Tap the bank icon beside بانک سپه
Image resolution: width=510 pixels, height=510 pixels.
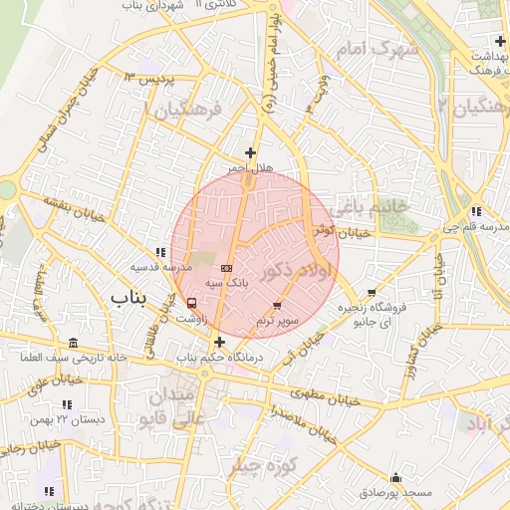pyautogui.click(x=226, y=268)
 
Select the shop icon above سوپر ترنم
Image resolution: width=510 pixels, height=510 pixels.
pyautogui.click(x=277, y=305)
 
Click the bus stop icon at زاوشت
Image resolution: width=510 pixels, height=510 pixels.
pyautogui.click(x=191, y=303)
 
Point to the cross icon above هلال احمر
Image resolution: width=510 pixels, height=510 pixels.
pyautogui.click(x=249, y=152)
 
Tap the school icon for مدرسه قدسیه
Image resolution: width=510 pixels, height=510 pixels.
pyautogui.click(x=160, y=252)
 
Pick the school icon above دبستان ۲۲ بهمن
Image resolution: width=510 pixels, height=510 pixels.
pyautogui.click(x=67, y=404)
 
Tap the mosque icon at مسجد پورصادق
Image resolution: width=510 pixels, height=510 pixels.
pyautogui.click(x=396, y=477)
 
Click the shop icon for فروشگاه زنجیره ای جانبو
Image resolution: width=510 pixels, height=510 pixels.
pyautogui.click(x=372, y=293)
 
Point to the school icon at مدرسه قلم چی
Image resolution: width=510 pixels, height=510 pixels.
pyautogui.click(x=476, y=211)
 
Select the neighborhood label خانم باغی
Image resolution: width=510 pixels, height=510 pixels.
pyautogui.click(x=373, y=208)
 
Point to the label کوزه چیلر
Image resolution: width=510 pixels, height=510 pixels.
pyautogui.click(x=265, y=466)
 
